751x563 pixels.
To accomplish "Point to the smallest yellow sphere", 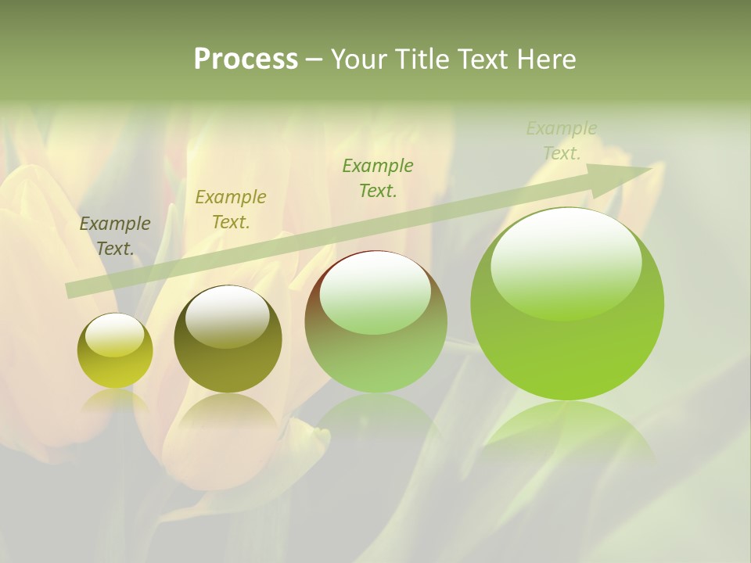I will click(115, 351).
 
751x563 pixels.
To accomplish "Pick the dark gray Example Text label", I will click(115, 235).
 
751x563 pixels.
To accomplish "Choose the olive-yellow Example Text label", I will click(231, 209).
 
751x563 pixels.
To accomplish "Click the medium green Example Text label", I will click(378, 178).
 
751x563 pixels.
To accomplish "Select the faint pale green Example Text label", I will click(562, 141).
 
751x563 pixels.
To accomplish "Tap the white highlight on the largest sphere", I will click(566, 262).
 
